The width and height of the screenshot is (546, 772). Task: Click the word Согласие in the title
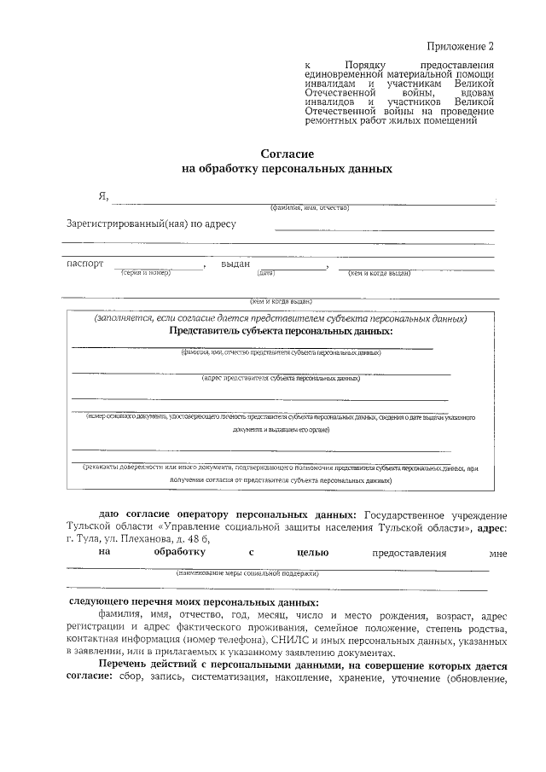[x=288, y=154]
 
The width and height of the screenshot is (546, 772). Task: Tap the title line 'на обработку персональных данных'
[x=288, y=169]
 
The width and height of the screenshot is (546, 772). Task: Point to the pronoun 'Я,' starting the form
[x=104, y=198]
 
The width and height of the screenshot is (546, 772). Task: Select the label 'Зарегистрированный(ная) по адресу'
[x=151, y=224]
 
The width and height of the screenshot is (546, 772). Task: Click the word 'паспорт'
[x=85, y=264]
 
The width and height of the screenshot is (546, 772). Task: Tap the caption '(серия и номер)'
[x=147, y=273]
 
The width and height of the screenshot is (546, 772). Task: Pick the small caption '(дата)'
[x=264, y=273]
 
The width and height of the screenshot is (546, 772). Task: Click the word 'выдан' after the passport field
[x=235, y=264]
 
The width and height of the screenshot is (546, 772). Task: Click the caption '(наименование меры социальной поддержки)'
[x=247, y=573]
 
